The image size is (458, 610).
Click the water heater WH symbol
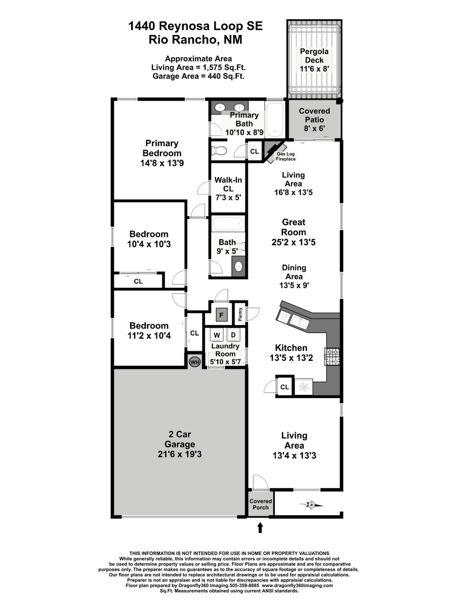click(x=194, y=362)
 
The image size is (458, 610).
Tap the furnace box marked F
click(x=222, y=315)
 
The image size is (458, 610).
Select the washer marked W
click(x=217, y=335)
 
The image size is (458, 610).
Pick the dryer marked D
click(x=233, y=335)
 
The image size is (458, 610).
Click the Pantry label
click(x=240, y=314)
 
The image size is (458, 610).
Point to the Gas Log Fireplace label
click(x=286, y=156)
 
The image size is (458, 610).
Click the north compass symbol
click(x=311, y=505)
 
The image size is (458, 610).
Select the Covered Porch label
click(x=260, y=504)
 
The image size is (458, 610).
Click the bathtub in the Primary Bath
click(x=274, y=120)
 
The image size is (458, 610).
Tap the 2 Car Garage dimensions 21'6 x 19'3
click(x=180, y=454)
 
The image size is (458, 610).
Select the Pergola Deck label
click(x=314, y=56)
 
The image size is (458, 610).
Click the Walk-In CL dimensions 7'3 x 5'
click(x=228, y=197)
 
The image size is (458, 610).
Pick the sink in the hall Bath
click(x=238, y=267)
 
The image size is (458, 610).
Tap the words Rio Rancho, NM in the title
click(x=195, y=40)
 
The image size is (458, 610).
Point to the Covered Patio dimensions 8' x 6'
click(x=314, y=128)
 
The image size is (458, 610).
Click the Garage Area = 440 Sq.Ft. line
click(x=198, y=76)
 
